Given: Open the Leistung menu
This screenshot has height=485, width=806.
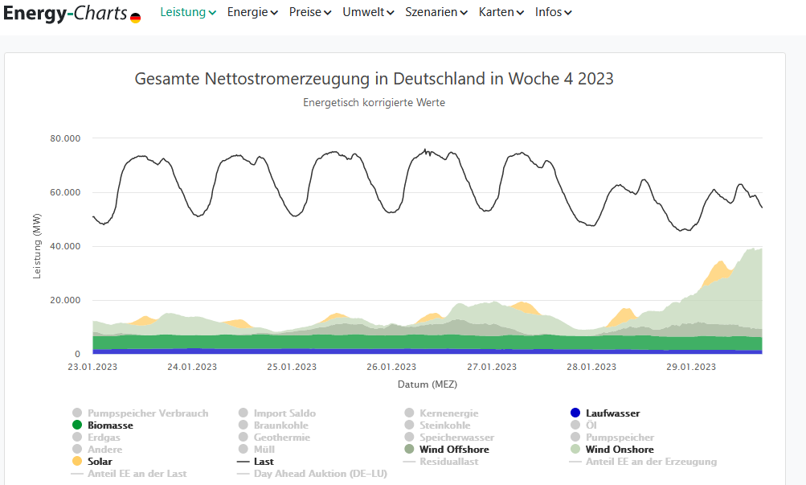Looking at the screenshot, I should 188,12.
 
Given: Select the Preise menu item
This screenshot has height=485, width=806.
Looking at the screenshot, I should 309,12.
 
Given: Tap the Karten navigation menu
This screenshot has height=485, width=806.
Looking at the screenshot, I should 501,12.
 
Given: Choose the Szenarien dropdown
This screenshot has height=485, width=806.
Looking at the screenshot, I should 436,12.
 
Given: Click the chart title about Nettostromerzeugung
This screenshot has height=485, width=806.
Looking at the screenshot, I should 374,79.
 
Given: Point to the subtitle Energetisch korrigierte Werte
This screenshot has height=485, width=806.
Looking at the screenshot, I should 374,103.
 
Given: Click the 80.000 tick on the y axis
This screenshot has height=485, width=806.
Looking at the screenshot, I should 65,138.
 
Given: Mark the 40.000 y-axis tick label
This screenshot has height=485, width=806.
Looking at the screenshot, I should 65,246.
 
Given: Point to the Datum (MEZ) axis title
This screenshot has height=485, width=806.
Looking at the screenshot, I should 428,384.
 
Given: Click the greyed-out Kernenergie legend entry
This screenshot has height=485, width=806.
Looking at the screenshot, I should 446,413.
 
